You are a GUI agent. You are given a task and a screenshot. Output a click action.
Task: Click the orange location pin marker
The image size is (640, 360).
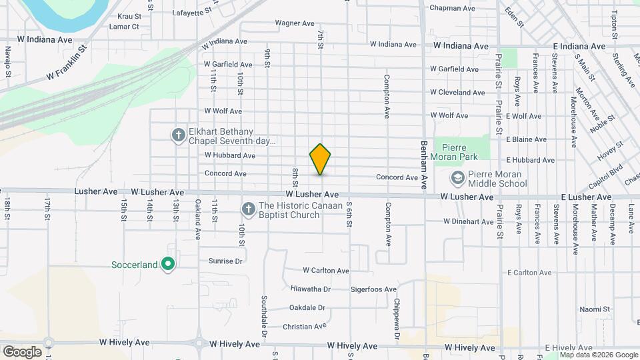click(321, 159)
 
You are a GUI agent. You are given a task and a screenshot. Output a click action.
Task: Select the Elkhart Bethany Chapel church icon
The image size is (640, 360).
click(178, 136)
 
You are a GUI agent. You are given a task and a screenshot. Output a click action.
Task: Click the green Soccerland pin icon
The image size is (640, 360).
click(168, 265)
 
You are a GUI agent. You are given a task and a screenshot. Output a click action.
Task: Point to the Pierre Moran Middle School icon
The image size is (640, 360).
click(457, 178)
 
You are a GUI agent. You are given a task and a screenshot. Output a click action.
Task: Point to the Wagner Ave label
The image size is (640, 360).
click(295, 23)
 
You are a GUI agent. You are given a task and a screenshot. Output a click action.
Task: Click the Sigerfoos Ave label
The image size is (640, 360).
click(373, 289)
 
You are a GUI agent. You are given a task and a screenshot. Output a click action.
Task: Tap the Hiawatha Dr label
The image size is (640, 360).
click(311, 289)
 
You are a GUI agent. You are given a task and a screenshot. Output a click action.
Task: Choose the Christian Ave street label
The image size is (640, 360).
click(305, 327)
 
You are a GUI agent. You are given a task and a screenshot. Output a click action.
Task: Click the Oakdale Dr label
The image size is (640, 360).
click(307, 308)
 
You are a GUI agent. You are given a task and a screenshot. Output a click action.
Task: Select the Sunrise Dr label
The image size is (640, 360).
click(225, 261)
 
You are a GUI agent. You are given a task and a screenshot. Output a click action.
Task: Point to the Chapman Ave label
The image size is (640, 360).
click(452, 8)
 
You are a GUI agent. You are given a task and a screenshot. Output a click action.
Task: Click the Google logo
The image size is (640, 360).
click(22, 351)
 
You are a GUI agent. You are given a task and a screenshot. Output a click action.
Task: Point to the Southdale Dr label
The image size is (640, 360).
click(264, 315)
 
